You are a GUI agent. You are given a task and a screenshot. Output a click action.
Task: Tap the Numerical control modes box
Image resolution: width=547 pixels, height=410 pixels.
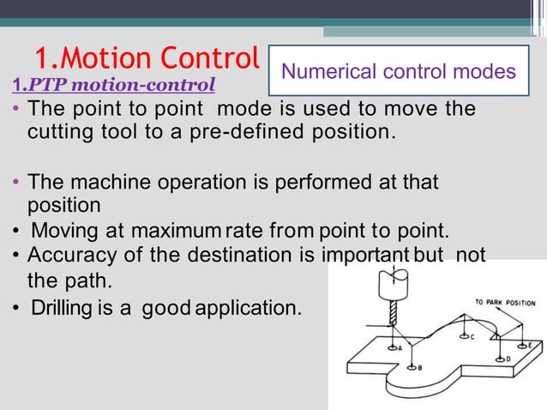[399, 70]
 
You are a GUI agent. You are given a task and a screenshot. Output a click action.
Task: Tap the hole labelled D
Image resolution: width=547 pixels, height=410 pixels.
[500, 357]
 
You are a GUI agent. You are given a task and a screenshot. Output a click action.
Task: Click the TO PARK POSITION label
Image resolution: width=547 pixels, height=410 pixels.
[505, 303]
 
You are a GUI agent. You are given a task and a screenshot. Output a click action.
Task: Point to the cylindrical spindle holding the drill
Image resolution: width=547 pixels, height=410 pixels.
[393, 284]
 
